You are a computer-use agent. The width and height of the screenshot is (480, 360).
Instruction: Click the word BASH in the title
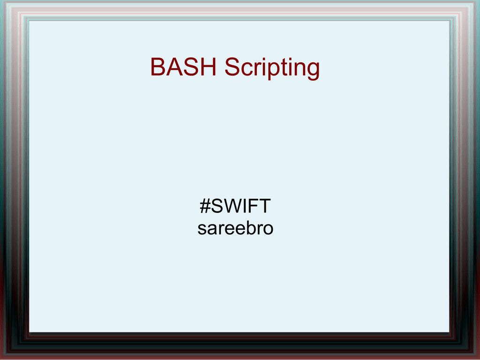pyautogui.click(x=183, y=67)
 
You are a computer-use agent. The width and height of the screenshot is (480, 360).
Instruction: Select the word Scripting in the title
pyautogui.click(x=272, y=68)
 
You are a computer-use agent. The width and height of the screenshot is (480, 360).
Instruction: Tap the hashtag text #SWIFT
pyautogui.click(x=235, y=206)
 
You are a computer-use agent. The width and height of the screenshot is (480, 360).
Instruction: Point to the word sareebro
pyautogui.click(x=235, y=228)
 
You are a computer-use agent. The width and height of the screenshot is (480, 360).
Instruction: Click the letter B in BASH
pyautogui.click(x=158, y=67)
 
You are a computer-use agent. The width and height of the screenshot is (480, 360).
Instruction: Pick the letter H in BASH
pyautogui.click(x=209, y=67)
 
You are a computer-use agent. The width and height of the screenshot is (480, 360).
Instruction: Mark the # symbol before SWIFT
pyautogui.click(x=205, y=206)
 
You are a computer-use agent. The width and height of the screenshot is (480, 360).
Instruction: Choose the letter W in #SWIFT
pyautogui.click(x=234, y=206)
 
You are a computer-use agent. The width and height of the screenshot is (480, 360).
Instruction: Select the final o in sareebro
pyautogui.click(x=268, y=230)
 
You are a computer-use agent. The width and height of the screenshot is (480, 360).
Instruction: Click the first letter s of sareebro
pyautogui.click(x=202, y=230)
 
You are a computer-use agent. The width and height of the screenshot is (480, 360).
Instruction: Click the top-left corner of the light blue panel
pyautogui.click(x=30, y=21)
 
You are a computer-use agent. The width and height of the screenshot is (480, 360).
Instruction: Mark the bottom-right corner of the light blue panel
pyautogui.click(x=449, y=332)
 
